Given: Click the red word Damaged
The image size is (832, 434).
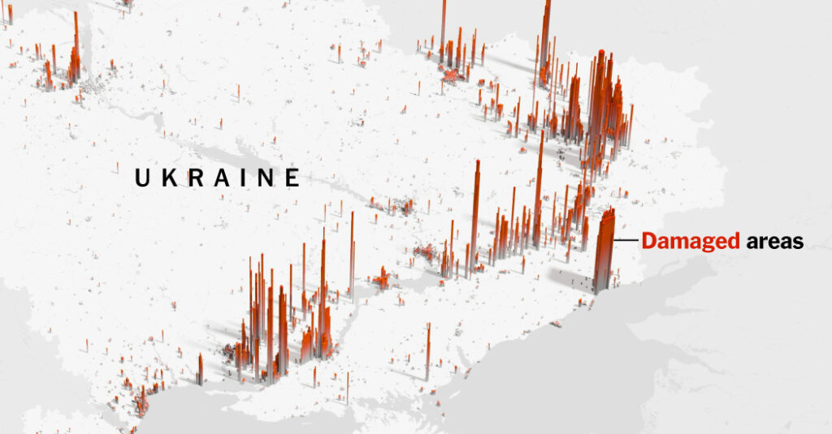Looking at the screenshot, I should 690,241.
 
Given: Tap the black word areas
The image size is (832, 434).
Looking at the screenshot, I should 774,241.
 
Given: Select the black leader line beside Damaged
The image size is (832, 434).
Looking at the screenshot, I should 627,241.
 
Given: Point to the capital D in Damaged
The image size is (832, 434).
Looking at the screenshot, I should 648,241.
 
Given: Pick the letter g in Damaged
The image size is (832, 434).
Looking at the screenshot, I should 704,243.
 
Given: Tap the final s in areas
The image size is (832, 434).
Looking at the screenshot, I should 798,242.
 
